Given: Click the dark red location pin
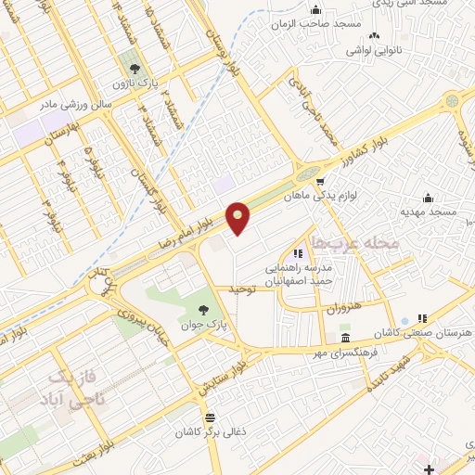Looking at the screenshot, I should [239, 218].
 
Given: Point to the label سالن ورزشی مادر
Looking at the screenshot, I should [75, 105].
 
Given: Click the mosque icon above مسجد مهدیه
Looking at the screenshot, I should [428, 197].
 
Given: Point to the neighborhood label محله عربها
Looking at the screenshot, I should [356, 241].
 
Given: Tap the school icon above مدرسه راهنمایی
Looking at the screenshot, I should [298, 252].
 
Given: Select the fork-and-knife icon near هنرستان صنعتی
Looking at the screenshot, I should [423, 317].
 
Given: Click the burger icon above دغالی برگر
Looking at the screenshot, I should [211, 417].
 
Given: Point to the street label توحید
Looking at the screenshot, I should [240, 289].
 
